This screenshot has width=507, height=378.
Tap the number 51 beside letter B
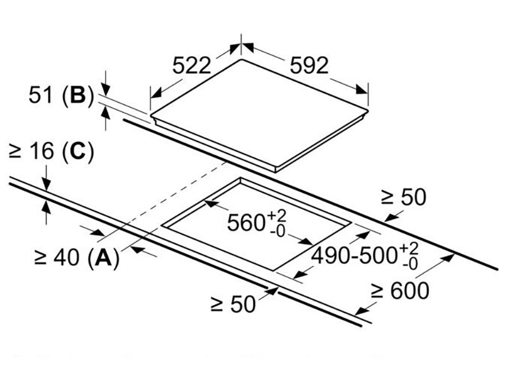click(x=43, y=95)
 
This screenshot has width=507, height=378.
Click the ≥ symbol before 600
click(x=377, y=291)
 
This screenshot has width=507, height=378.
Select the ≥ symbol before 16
click(x=16, y=152)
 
